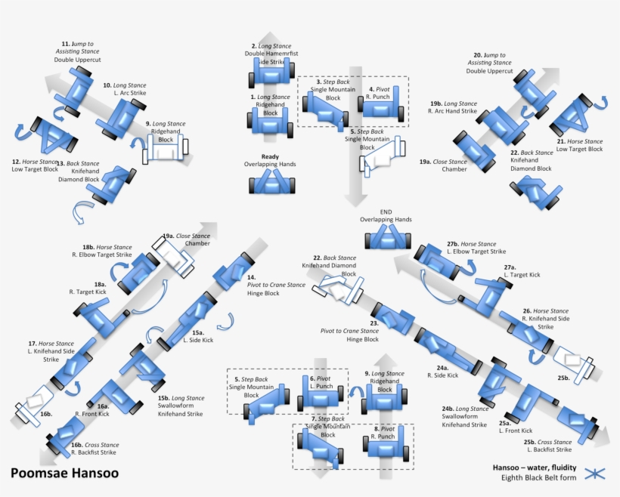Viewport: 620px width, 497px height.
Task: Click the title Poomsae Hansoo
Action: [x=64, y=474]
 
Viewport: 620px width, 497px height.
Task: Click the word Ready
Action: [x=270, y=157]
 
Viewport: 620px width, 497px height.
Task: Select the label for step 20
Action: [x=489, y=63]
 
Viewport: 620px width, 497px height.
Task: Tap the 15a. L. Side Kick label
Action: [x=198, y=336]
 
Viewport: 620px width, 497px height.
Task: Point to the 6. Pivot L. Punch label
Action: [x=322, y=382]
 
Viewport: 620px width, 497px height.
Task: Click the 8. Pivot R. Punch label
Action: [x=384, y=432]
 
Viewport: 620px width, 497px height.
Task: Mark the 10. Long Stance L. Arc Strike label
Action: [x=125, y=89]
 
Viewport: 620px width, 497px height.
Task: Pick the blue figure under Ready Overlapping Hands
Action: [x=270, y=181]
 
